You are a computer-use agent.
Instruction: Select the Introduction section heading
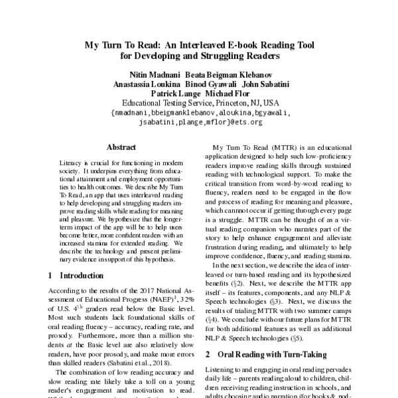click(x=74, y=275)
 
